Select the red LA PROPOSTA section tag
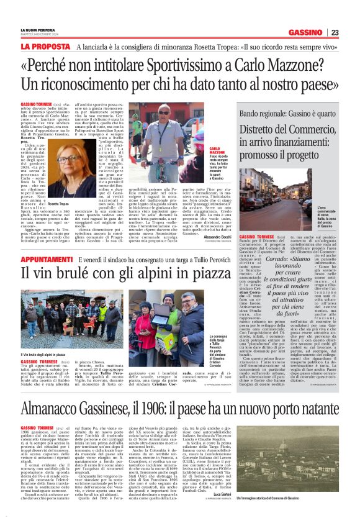(x=45, y=47)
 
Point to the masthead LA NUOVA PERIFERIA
(x=38, y=30)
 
